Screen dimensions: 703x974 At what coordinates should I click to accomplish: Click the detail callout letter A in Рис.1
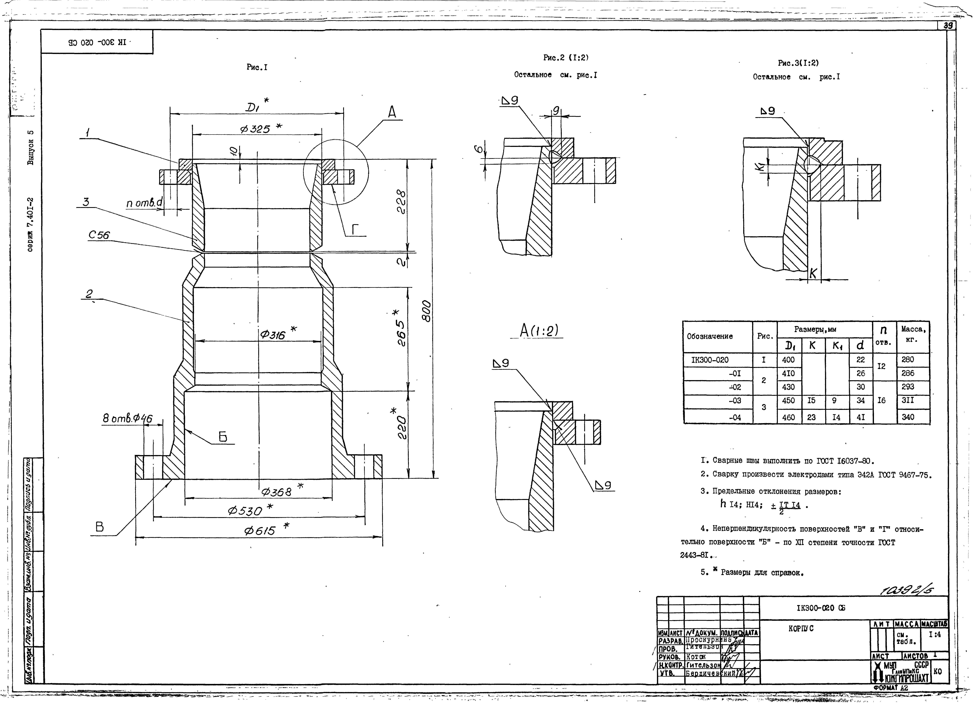point(392,113)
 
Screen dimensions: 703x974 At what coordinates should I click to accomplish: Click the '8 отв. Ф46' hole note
point(127,418)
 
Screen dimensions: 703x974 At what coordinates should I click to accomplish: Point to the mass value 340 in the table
point(907,417)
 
